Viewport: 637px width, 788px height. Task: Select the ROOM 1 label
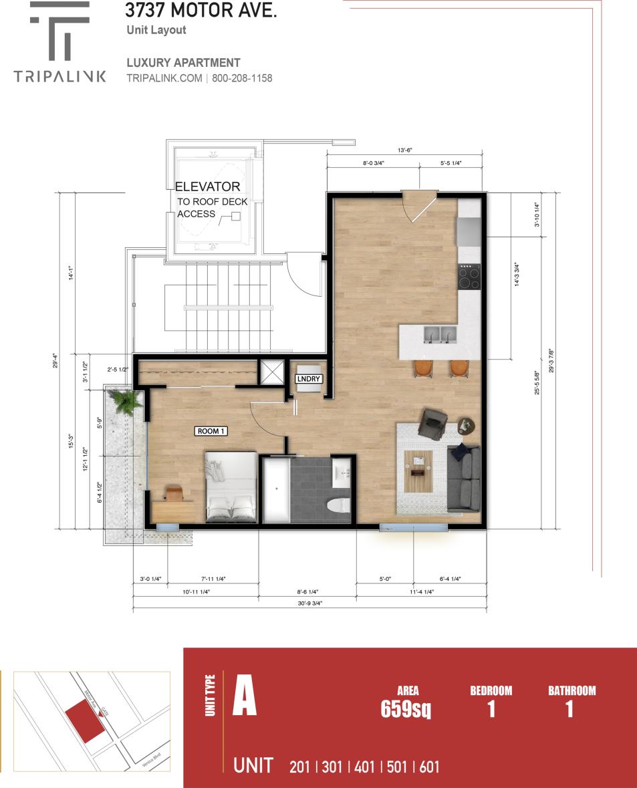pos(211,431)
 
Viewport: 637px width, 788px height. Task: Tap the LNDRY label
pos(309,379)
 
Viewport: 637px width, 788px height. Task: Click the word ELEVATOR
pos(207,187)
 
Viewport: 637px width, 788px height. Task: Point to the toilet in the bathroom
pos(340,505)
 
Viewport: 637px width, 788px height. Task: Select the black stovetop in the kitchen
pos(469,277)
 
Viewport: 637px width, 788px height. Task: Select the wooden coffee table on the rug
pos(418,463)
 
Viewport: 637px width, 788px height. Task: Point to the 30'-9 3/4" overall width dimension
pos(309,603)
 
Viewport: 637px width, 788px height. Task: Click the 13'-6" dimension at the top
pos(404,150)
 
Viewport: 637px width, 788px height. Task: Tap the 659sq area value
pos(405,708)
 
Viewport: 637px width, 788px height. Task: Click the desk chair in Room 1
pos(173,493)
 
